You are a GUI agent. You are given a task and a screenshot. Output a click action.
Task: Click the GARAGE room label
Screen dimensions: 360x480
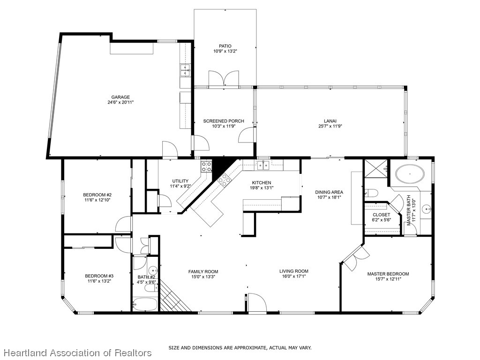[x=120, y=97]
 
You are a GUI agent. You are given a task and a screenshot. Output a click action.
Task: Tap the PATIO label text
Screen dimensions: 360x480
[x=225, y=46]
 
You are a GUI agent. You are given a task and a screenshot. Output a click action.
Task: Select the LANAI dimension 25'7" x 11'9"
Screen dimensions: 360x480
[x=330, y=126]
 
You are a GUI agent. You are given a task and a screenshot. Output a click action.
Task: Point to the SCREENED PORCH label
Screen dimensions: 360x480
[x=223, y=121]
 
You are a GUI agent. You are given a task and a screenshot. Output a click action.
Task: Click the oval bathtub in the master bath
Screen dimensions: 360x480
[x=410, y=174]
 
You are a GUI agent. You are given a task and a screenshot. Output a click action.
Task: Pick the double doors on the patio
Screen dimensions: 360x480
[x=224, y=79]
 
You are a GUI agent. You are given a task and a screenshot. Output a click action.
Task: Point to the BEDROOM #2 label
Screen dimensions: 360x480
[x=97, y=195]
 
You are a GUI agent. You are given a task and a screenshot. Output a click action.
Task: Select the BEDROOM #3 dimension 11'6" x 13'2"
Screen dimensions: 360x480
[x=99, y=282]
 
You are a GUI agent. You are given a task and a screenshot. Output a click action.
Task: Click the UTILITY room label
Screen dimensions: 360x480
[x=180, y=181]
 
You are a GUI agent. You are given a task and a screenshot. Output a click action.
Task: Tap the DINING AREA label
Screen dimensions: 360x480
[x=329, y=192]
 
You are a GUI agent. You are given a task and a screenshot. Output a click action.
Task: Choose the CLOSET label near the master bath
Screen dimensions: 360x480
[x=381, y=215]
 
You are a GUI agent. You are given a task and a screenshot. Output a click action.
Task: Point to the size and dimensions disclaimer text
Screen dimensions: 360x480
[x=240, y=348]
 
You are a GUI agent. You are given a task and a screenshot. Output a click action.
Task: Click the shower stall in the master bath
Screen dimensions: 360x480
[x=376, y=168]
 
